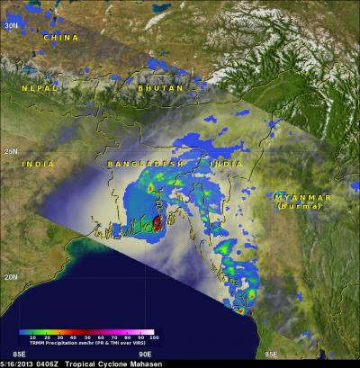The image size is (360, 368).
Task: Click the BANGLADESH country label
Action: pos(138,165)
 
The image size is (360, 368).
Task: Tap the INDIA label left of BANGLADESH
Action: pos(39,165)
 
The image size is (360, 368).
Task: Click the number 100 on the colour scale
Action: pos(153,337)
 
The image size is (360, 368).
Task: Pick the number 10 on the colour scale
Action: pos(33,337)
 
